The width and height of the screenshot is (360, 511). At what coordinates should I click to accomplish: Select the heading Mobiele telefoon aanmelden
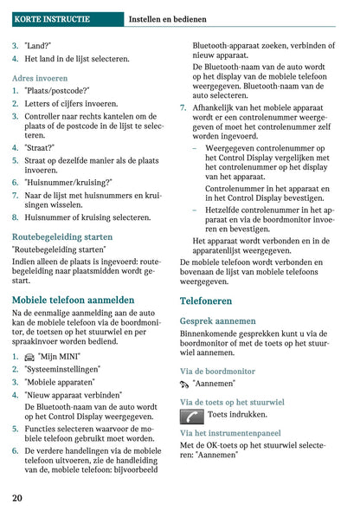tap(73, 300)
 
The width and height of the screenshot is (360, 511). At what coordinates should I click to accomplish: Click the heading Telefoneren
tap(205, 301)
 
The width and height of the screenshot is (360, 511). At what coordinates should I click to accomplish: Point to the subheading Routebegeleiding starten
tap(62, 236)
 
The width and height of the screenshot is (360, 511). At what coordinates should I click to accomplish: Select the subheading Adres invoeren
tap(40, 77)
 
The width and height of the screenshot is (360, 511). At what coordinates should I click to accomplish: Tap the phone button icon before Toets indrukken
tap(192, 415)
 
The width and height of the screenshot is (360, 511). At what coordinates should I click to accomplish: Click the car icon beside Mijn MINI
tap(29, 357)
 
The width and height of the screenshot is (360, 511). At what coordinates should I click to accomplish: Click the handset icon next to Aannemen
tap(184, 383)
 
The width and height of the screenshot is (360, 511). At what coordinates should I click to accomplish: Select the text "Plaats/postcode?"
tap(57, 90)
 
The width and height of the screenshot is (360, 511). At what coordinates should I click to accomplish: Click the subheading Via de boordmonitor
tap(217, 371)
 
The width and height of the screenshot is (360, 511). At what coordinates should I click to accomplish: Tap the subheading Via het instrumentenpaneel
tap(229, 432)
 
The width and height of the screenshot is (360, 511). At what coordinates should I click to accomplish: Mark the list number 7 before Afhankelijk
tap(183, 107)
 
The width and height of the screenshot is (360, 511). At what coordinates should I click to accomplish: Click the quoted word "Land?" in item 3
tap(38, 46)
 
